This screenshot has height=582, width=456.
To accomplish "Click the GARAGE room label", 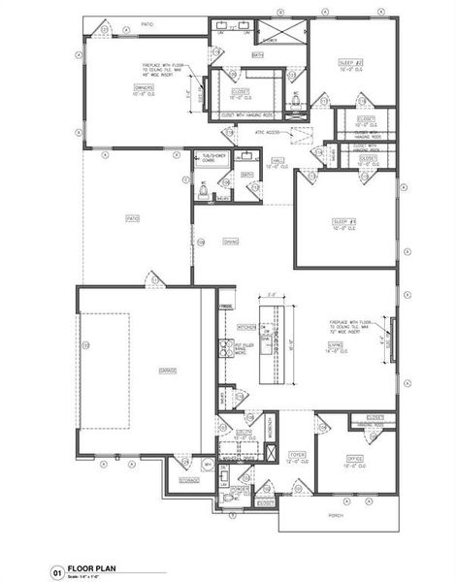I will click(x=153, y=371).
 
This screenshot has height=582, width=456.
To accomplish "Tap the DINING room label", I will click(x=231, y=242).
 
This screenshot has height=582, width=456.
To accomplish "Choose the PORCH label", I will click(x=336, y=516).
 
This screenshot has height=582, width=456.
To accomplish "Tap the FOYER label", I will click(x=298, y=454).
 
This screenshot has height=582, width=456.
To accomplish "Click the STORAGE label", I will click(x=189, y=480).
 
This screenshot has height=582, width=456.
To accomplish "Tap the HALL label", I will click(x=277, y=162).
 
